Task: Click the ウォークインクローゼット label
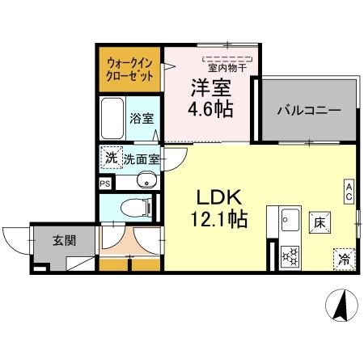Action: click(x=129, y=70)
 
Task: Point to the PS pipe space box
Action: click(x=104, y=184)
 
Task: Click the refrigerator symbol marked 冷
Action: click(x=344, y=260)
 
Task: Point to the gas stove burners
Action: click(x=290, y=256)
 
